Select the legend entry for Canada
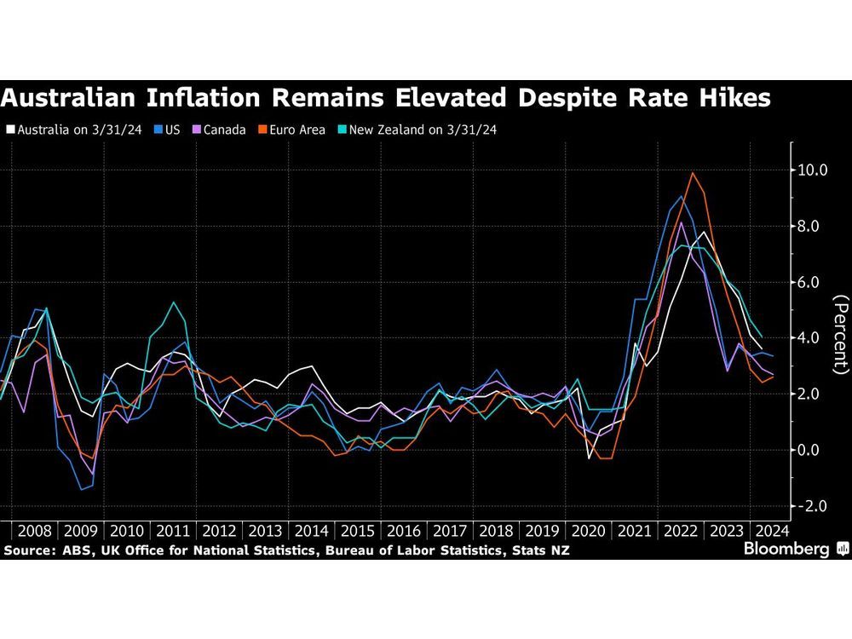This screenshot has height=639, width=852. (220, 130)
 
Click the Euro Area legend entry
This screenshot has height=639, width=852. (293, 130)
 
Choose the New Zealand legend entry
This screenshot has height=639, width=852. (422, 130)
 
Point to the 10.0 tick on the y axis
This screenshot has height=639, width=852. (813, 170)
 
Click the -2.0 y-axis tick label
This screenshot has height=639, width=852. (813, 506)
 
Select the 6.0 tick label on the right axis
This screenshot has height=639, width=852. (813, 282)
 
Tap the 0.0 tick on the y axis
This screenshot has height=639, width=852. (813, 450)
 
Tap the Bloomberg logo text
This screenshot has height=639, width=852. (786, 550)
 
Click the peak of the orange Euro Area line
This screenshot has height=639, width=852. (693, 173)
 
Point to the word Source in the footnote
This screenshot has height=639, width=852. (29, 551)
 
